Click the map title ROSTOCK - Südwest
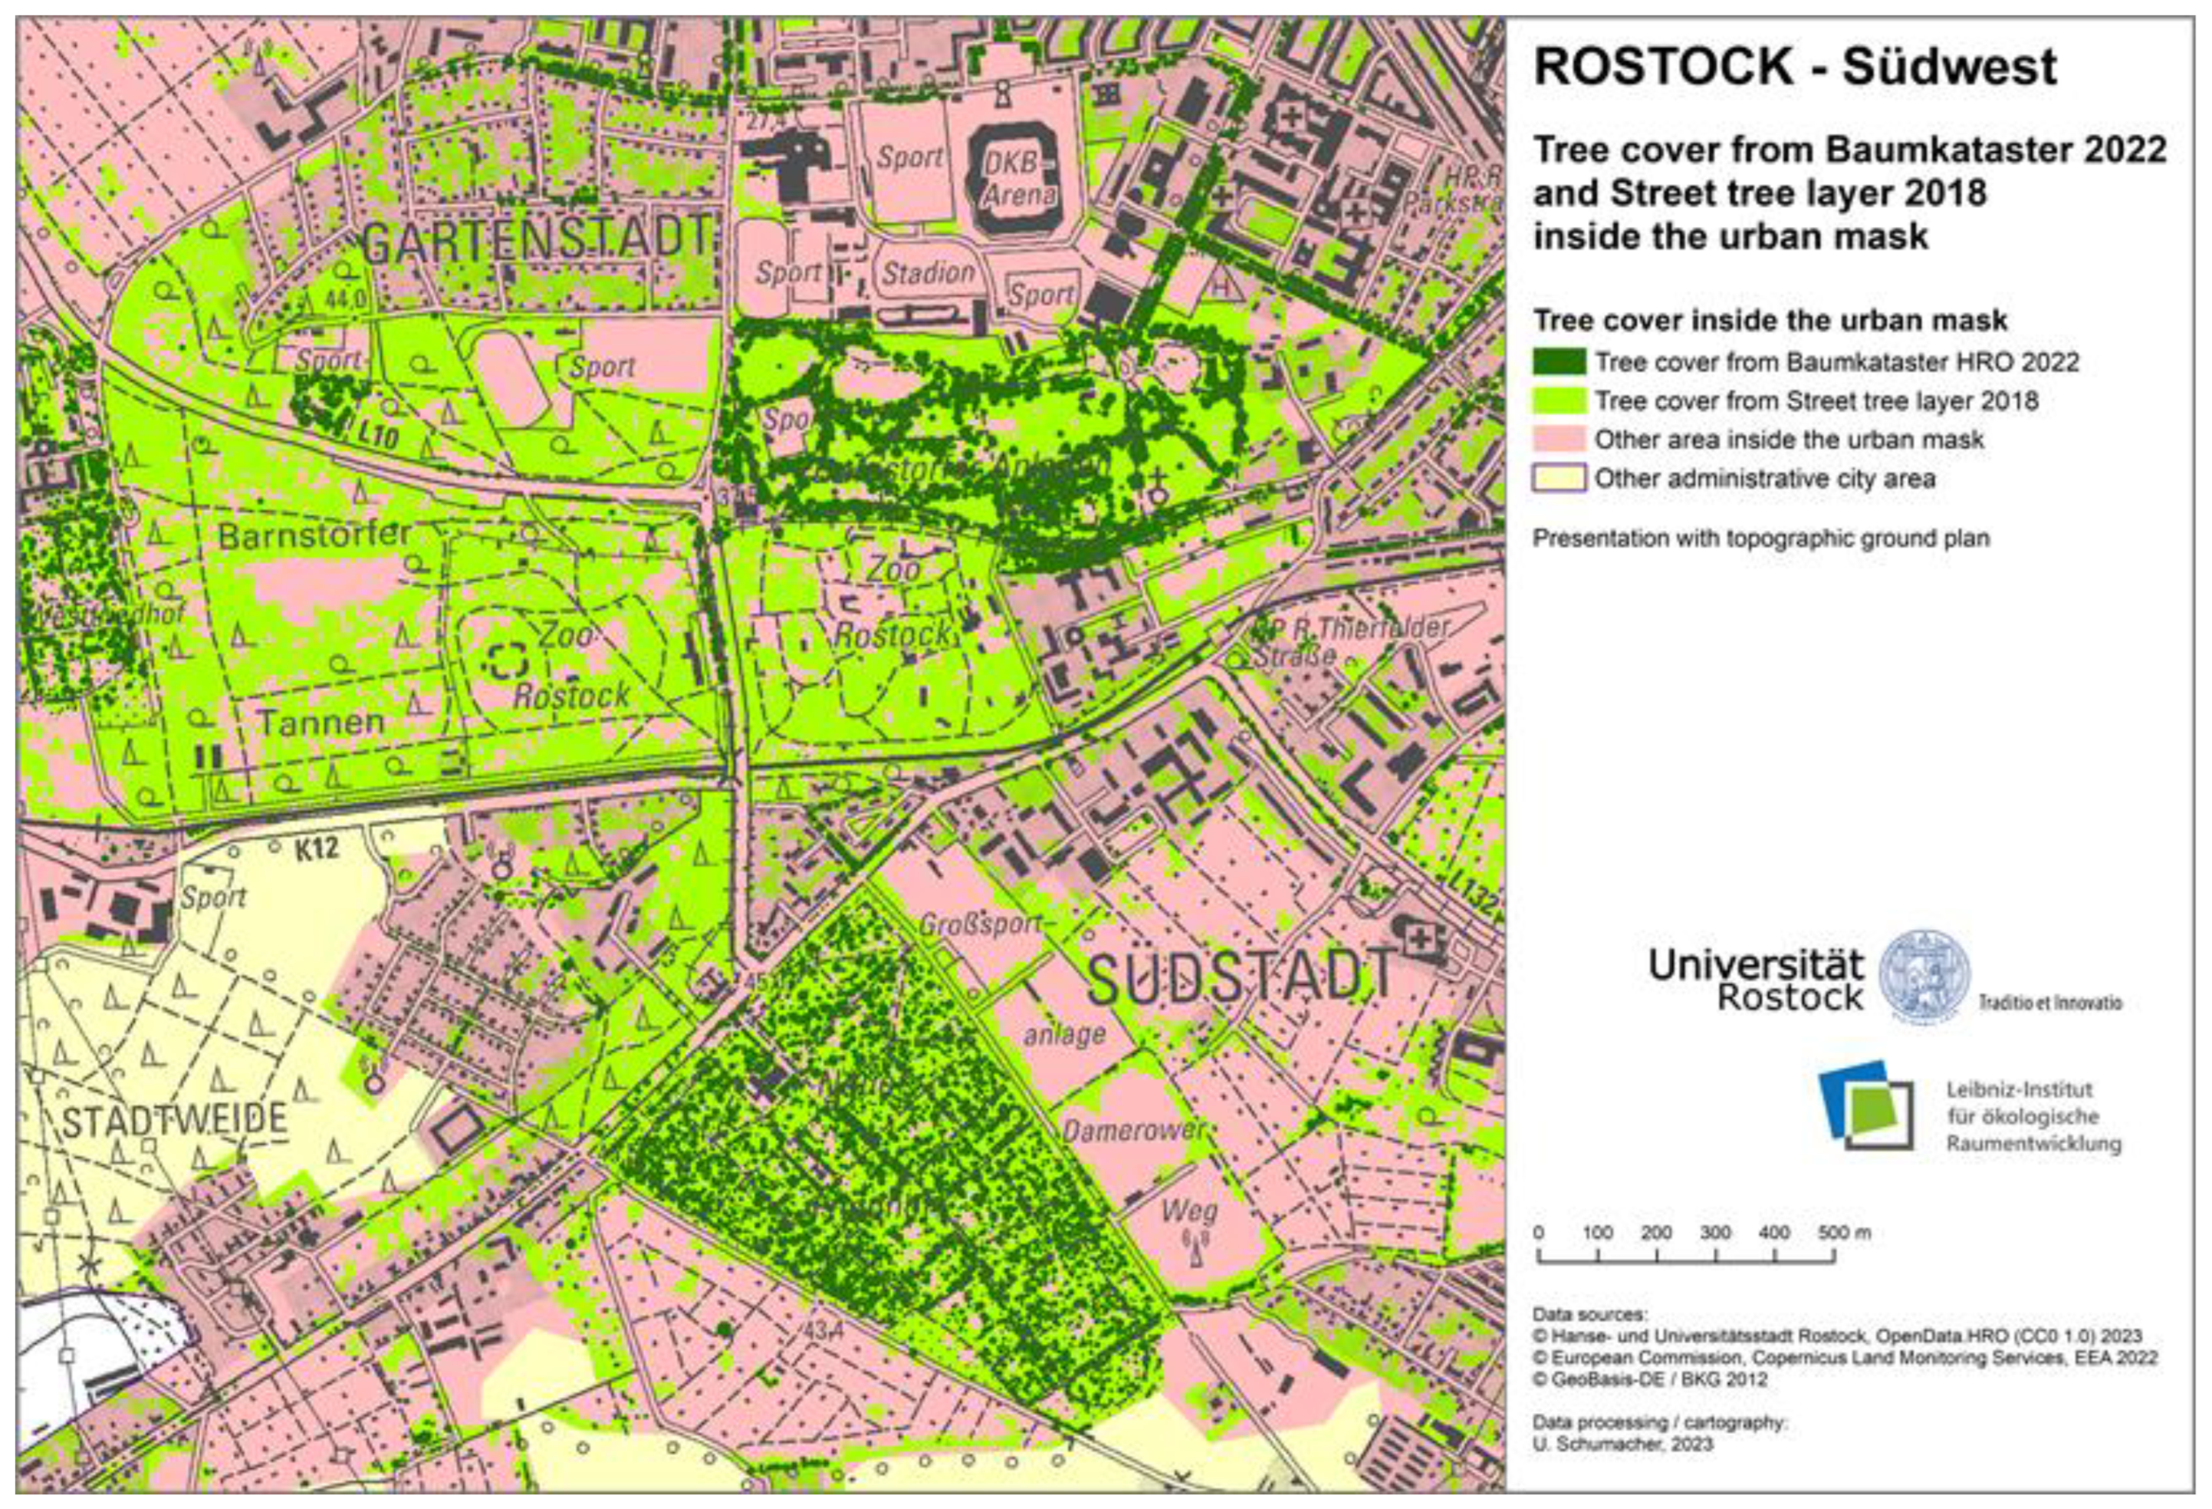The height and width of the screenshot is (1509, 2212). pos(1795,67)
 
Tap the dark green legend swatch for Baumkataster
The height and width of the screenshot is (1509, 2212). pos(1559,362)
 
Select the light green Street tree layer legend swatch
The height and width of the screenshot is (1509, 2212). pos(1559,400)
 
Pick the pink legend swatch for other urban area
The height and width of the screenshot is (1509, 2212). pos(1559,439)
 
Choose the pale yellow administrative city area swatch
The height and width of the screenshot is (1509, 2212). pos(1559,478)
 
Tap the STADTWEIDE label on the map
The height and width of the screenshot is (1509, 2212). pos(174,1119)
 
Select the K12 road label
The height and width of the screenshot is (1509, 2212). pos(316,848)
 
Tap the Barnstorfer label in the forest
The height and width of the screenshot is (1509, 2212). pos(314,535)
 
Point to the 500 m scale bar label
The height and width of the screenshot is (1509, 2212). pos(1845,1233)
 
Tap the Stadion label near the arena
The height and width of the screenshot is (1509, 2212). pos(928,274)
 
